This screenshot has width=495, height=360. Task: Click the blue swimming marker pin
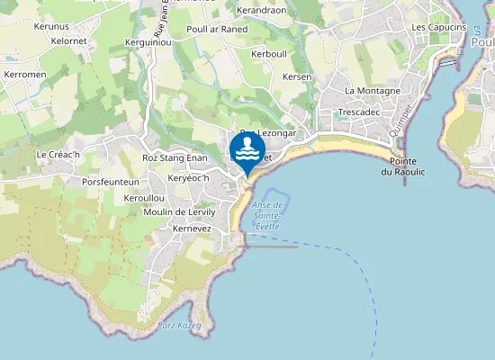[247, 150]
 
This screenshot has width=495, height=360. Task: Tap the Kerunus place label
[50, 27]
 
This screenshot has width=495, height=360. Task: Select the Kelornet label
[69, 40]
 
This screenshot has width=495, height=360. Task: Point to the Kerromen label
[24, 73]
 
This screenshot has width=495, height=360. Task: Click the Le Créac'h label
[58, 155]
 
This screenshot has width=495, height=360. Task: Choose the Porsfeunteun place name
[111, 182]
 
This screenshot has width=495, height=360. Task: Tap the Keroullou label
[144, 197]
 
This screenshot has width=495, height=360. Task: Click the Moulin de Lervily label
[180, 212]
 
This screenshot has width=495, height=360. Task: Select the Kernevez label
[191, 229]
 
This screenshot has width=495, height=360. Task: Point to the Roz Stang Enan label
[175, 158]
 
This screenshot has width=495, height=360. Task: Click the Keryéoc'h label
[188, 178]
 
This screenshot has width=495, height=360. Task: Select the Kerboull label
[269, 54]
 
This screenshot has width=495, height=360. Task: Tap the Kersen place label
[297, 77]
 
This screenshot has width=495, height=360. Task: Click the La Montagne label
[373, 91]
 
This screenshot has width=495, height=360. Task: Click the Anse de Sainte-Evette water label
[268, 216]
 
